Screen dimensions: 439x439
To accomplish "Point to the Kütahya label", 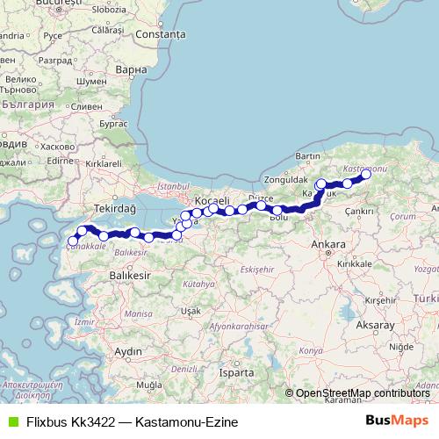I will click(199, 284).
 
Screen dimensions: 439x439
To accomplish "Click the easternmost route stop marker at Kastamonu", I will click(366, 175).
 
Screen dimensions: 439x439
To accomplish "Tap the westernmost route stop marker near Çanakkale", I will click(73, 241).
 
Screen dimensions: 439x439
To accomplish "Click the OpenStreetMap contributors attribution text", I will click(363, 393).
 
